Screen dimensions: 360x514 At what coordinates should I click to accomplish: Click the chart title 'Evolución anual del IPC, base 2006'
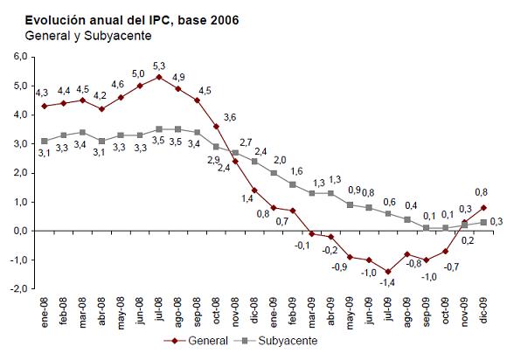point(123,18)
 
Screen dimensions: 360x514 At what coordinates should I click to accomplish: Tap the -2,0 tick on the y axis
point(20,288)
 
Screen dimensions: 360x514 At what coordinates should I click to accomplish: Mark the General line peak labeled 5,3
point(157,77)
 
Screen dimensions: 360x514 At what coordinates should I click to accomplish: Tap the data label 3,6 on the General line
point(230,117)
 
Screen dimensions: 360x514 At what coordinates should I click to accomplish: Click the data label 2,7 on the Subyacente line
point(246,142)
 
